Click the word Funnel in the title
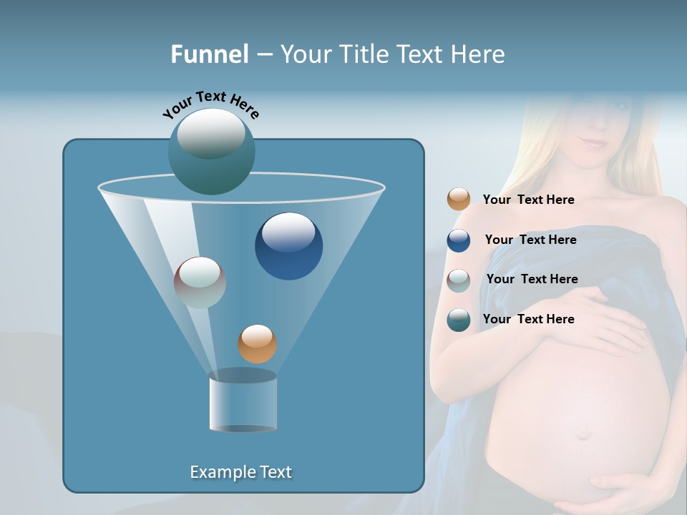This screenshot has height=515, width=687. click(209, 54)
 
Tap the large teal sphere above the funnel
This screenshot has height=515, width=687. click(211, 151)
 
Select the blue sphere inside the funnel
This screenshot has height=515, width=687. click(288, 246)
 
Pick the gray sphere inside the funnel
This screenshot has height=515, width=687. click(200, 283)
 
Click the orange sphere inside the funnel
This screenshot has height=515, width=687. click(257, 343)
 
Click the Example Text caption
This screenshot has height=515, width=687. click(240, 472)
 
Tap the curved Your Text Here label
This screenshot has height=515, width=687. click(210, 104)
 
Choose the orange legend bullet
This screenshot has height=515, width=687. click(459, 200)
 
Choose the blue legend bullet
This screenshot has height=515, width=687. click(459, 240)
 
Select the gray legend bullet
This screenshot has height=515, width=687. click(459, 280)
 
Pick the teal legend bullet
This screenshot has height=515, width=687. click(459, 320)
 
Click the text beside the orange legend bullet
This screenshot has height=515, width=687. click(528, 200)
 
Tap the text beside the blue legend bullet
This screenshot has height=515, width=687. click(530, 240)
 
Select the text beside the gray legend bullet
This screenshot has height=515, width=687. click(532, 279)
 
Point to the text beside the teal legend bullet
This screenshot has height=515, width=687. click(528, 319)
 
